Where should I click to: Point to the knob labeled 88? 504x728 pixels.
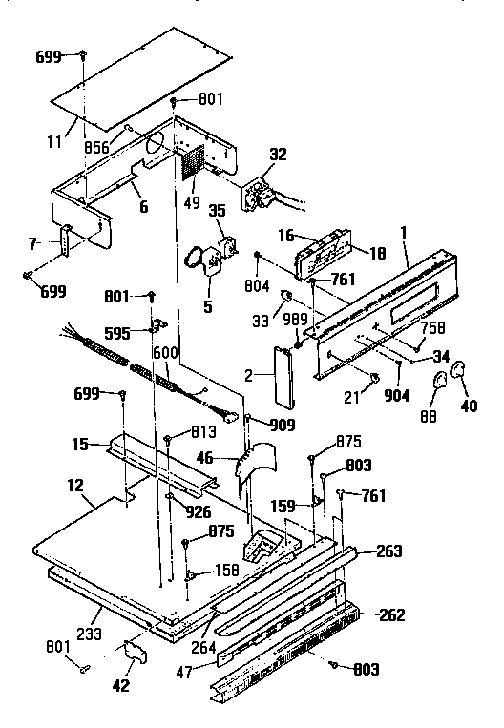pos(438,385)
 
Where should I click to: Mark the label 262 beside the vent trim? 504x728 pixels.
pos(389,614)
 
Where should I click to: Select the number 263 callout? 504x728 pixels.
pos(388,551)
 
